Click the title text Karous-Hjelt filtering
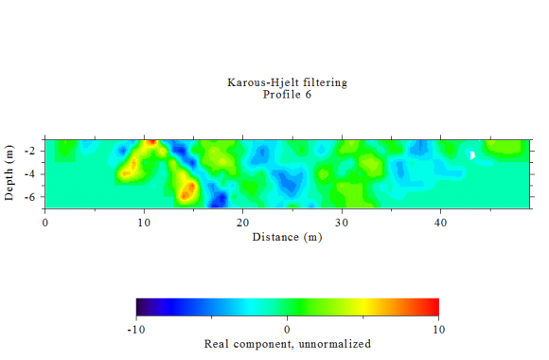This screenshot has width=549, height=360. pos(287,82)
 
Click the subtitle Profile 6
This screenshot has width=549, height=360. pos(287,95)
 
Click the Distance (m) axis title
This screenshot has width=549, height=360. pos(287,236)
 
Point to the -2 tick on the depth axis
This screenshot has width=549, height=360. pos(32,151)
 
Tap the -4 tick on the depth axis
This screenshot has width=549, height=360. pos(32,173)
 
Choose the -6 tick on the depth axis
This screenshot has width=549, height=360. pos(32,196)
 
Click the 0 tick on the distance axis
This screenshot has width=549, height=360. pos(45,222)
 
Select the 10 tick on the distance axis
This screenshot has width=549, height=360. pos(144,222)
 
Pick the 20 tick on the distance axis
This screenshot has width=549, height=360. pos(243,222)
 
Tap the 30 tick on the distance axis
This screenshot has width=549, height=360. pos(342,222)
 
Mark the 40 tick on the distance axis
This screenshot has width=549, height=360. pos(440,222)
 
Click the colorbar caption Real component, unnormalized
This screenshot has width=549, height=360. pos(287,343)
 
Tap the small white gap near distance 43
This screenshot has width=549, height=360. pos(472,154)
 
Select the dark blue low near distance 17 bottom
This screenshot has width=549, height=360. pos(218,200)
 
